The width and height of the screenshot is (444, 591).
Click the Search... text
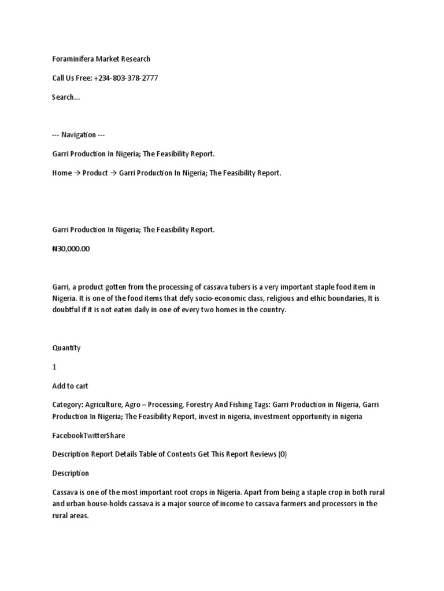click(x=66, y=97)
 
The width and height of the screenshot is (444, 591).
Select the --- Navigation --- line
click(x=78, y=134)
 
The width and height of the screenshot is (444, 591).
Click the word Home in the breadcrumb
click(x=61, y=173)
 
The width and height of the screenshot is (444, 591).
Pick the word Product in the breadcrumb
click(x=95, y=173)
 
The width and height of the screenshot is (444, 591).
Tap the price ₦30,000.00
click(x=71, y=249)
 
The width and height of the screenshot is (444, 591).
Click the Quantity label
click(x=66, y=347)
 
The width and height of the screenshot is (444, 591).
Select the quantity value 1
click(x=54, y=366)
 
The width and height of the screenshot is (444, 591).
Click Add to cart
click(x=70, y=386)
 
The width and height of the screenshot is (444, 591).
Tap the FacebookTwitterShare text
click(x=88, y=435)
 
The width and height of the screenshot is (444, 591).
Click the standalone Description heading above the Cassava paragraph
click(x=71, y=473)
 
